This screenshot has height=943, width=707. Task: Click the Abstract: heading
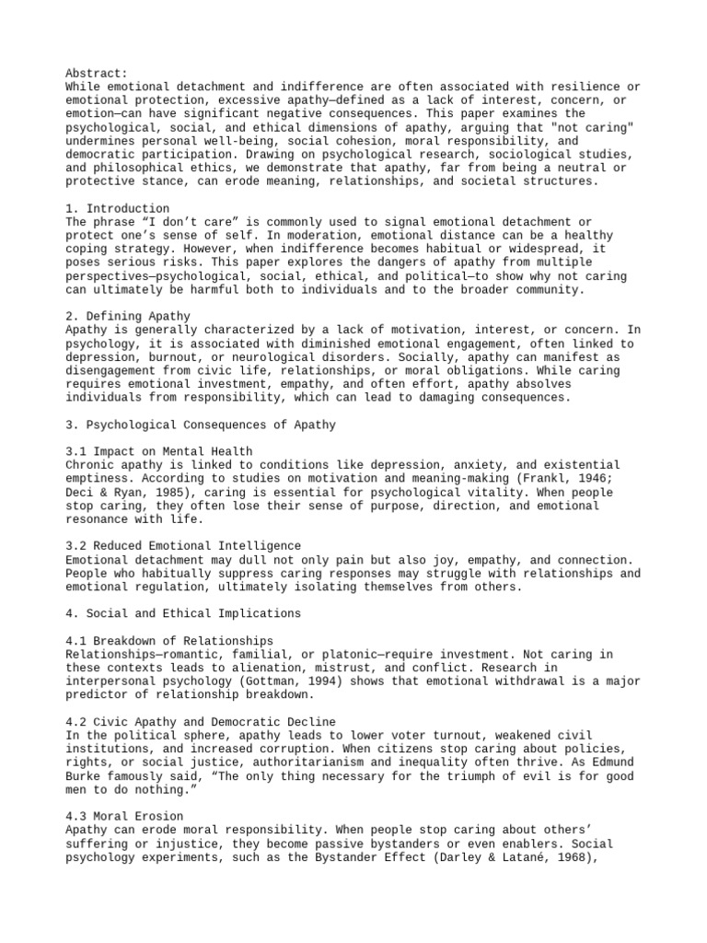tap(97, 73)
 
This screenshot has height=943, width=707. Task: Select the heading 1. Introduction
tap(118, 209)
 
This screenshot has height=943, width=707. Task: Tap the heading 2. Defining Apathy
tap(128, 317)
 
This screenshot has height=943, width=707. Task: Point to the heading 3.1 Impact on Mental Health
tap(159, 452)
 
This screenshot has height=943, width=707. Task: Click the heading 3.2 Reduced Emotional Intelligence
tap(183, 546)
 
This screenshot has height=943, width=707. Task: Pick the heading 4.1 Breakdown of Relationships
tap(169, 640)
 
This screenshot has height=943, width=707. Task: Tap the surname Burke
tap(87, 775)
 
